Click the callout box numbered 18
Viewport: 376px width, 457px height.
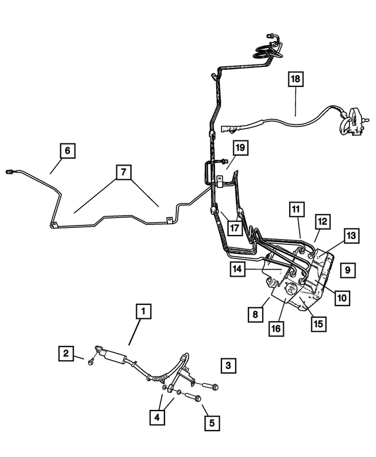(x=296, y=79)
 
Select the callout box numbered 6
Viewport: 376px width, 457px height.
(x=68, y=150)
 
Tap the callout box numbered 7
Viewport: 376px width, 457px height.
(x=123, y=172)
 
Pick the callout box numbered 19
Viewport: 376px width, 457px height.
(x=240, y=148)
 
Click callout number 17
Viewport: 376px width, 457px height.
(x=234, y=228)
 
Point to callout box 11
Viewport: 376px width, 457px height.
(x=297, y=209)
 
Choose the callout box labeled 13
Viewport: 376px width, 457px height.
(x=351, y=236)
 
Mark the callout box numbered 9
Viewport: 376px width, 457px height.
(x=348, y=270)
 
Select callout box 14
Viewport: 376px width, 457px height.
(x=237, y=269)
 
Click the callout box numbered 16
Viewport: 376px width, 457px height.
(x=276, y=328)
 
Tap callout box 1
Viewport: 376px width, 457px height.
(x=143, y=311)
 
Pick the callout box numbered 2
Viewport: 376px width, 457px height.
(x=66, y=353)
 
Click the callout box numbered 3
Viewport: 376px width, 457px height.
(x=228, y=365)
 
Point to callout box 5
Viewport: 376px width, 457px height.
(x=212, y=422)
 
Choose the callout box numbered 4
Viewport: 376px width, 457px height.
(x=157, y=417)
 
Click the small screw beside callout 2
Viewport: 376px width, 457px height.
(x=90, y=362)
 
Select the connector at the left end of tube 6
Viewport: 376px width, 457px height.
(x=9, y=172)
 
